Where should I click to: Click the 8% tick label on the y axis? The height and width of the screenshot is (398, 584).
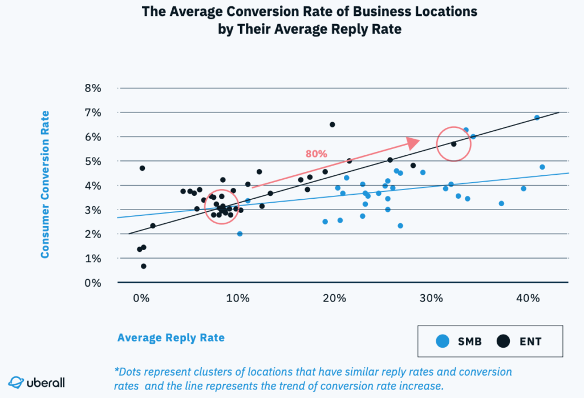point(92,89)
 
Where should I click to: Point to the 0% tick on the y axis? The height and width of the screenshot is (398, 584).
point(92,283)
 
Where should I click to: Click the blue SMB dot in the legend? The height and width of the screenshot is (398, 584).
point(442,341)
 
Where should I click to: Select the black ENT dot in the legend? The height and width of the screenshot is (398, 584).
point(502,341)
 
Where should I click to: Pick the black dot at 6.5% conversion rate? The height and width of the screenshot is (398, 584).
point(332,124)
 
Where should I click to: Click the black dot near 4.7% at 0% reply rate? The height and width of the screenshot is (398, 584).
point(142,168)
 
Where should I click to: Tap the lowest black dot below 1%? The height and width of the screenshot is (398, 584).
point(144,266)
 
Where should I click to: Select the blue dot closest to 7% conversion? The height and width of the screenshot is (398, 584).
point(537,118)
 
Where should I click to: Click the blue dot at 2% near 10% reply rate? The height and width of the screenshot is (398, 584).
point(240,234)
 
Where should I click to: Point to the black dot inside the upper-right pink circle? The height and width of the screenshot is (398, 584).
point(454,144)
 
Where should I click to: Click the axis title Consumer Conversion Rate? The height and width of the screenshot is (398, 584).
point(44,184)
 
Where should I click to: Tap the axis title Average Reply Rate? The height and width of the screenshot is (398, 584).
point(171,337)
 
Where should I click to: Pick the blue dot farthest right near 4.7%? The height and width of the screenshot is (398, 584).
point(542,167)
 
